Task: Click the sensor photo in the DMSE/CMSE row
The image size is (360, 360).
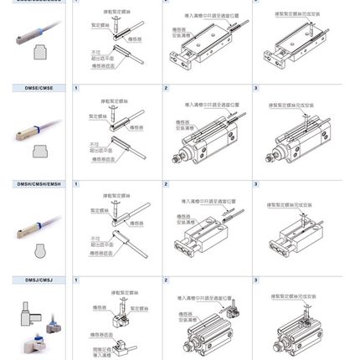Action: tap(33, 130)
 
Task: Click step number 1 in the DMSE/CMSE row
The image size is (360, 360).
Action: tap(76, 87)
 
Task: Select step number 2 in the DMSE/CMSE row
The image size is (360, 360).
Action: tap(166, 87)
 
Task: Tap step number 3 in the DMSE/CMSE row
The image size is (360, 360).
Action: tap(254, 87)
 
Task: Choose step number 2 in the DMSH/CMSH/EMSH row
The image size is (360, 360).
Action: tap(166, 183)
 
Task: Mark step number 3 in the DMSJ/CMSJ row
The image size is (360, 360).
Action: tap(254, 278)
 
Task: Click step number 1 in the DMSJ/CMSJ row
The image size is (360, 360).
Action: tap(76, 278)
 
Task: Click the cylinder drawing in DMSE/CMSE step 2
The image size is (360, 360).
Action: tap(201, 138)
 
